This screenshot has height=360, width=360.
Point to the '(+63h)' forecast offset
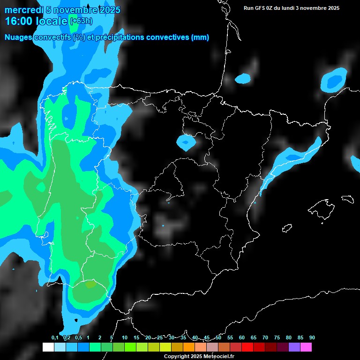click(81, 21)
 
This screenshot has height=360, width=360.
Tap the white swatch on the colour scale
click(48, 347)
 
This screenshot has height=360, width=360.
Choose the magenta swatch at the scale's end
click(306, 347)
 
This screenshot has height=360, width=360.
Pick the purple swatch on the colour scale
click(294, 347)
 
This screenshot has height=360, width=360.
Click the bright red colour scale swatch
click(247, 347)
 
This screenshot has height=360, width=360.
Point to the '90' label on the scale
click(312, 338)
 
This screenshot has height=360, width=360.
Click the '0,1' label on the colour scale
click(55, 338)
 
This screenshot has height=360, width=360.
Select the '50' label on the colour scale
click(218, 338)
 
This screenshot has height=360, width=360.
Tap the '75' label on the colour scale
click(277, 338)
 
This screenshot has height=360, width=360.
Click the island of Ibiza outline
click(287, 228)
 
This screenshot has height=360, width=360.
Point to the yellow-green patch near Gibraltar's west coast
click(90, 284)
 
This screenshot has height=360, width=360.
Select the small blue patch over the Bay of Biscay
click(243, 79)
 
